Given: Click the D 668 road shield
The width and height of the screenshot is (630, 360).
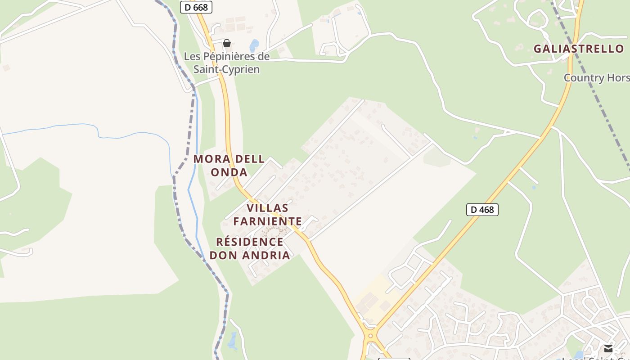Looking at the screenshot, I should coord(196,7).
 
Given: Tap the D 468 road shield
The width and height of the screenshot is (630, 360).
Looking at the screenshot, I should coord(482,209).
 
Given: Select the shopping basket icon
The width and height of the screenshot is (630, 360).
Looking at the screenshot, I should coord(227,43).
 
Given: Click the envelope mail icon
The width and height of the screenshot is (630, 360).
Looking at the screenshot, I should coord(608,348).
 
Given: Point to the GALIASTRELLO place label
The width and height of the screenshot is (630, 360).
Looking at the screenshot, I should coord(579,49).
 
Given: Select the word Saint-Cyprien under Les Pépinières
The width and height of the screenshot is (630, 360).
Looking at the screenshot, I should coord(227,69).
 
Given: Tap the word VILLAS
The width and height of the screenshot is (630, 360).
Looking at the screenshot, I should coord(267,208).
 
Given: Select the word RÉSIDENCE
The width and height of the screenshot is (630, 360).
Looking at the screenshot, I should coord(250,242).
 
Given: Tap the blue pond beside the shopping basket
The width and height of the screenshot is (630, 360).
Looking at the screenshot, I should coord(254,45).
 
